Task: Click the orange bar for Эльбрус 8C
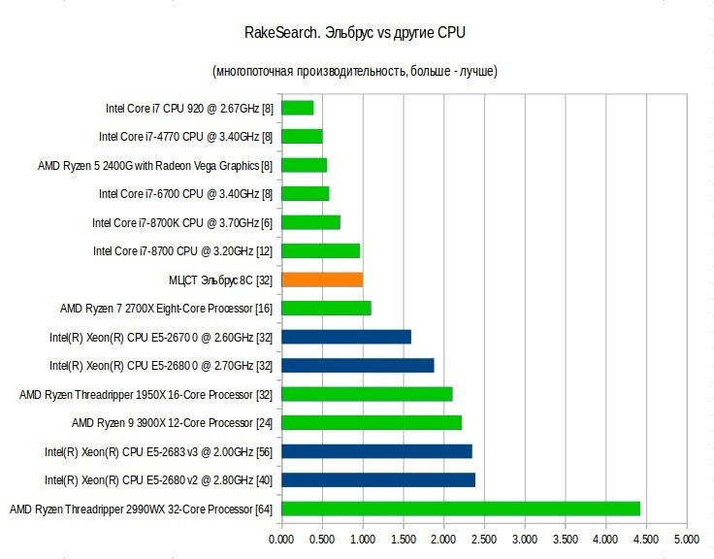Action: click(x=322, y=279)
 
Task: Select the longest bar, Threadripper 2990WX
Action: click(x=461, y=509)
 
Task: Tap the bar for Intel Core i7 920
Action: click(x=298, y=108)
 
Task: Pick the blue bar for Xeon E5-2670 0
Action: click(x=346, y=337)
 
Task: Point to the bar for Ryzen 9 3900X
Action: click(x=372, y=422)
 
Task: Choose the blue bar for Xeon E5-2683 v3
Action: click(x=376, y=451)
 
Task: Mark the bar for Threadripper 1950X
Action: click(x=367, y=394)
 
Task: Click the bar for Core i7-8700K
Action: click(x=310, y=222)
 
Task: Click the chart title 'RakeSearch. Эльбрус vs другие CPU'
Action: click(x=355, y=34)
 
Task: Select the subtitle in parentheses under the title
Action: click(x=355, y=72)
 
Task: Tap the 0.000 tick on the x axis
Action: click(x=281, y=538)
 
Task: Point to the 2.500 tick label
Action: click(x=484, y=538)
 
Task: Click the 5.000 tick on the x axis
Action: click(x=687, y=538)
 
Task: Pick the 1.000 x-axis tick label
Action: click(x=363, y=538)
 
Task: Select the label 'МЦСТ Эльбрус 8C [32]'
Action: click(x=220, y=280)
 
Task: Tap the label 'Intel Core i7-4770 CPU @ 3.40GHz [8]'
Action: click(x=186, y=137)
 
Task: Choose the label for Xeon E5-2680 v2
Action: click(x=159, y=480)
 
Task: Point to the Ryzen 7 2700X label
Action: click(x=166, y=309)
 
